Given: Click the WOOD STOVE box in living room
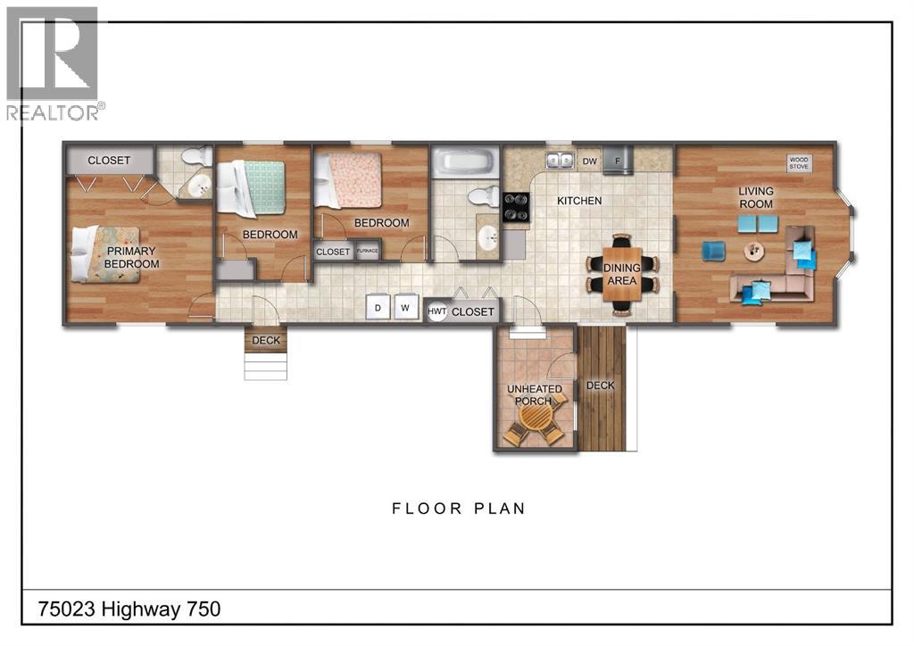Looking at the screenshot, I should [x=799, y=162].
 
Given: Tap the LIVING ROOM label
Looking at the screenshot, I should [x=755, y=197].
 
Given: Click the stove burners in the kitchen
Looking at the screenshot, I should [x=517, y=207].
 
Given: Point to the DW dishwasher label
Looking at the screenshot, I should [x=589, y=161].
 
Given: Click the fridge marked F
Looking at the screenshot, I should [x=617, y=161].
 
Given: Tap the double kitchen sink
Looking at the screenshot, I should [x=560, y=161].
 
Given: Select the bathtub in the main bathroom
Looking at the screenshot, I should [x=462, y=163].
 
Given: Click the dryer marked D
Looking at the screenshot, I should [x=378, y=308].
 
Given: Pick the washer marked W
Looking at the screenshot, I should [x=405, y=308].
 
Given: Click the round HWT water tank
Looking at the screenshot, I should [x=436, y=311].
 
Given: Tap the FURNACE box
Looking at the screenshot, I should [x=368, y=252].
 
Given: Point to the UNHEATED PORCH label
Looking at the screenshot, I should [x=536, y=394].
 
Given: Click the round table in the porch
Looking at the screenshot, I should [x=535, y=419].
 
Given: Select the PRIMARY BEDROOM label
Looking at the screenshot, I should [x=131, y=258].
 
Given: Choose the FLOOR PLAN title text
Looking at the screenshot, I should [x=459, y=509].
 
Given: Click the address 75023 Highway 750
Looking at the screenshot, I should [x=129, y=609].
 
